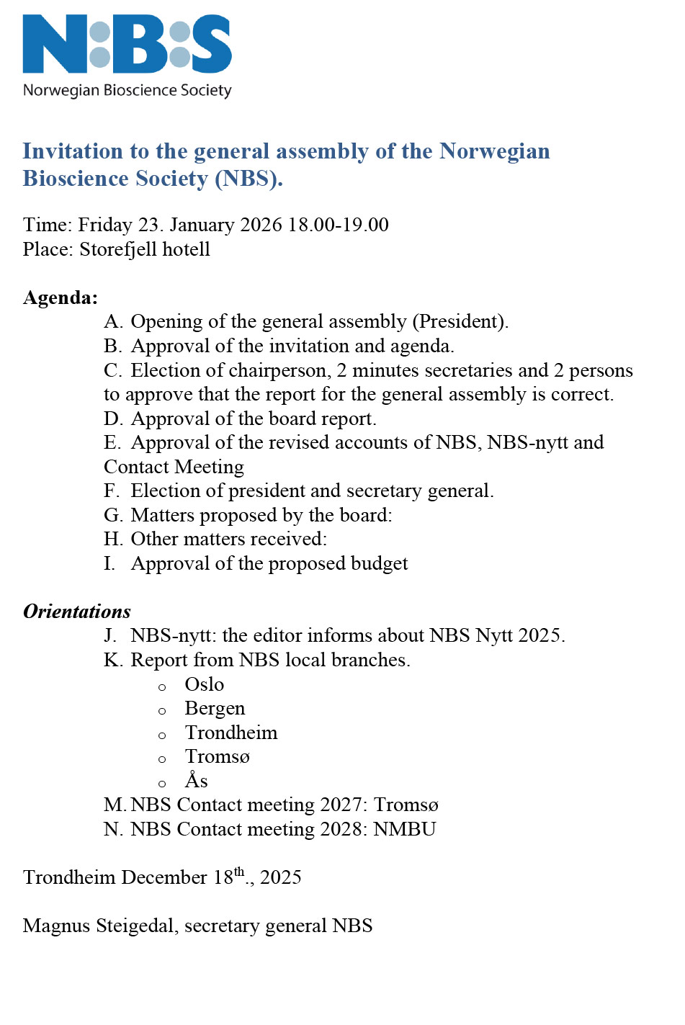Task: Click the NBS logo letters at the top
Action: point(127,44)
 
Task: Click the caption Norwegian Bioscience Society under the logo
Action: point(127,91)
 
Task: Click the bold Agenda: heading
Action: point(61,297)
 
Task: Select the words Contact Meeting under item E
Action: point(174,467)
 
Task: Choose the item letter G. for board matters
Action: point(113,515)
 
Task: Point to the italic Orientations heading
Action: point(77,612)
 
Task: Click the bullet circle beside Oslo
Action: point(162,687)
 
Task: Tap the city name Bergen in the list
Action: point(215,709)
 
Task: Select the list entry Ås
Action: point(196,781)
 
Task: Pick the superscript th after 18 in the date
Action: point(239,872)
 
